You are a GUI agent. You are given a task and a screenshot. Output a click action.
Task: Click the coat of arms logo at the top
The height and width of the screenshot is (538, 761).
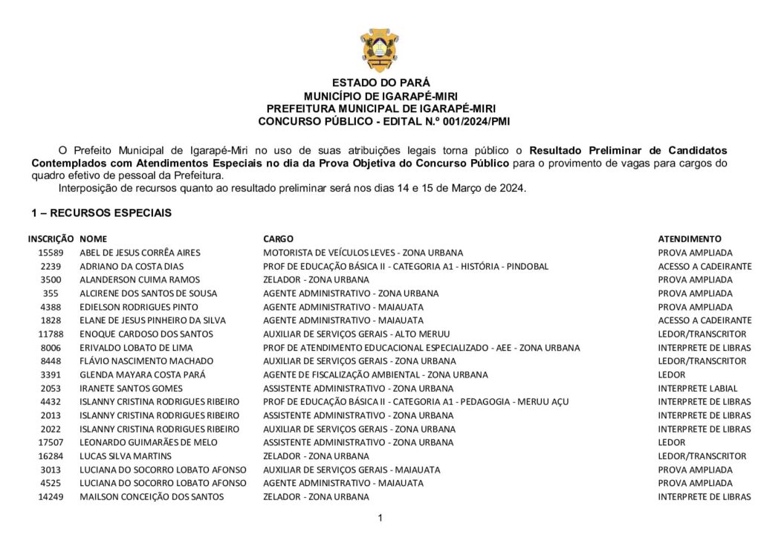tap(380, 49)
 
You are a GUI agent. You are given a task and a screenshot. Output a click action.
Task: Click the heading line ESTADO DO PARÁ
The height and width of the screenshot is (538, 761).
tap(380, 83)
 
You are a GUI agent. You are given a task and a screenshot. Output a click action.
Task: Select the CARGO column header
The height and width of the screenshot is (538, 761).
tap(279, 239)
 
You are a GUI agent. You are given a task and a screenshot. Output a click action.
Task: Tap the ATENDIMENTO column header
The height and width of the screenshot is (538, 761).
tap(690, 239)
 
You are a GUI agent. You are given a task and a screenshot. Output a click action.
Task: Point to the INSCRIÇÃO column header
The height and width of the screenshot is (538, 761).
tap(51, 239)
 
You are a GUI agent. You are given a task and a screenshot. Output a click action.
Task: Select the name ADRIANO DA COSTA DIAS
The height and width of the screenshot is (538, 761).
tap(131, 266)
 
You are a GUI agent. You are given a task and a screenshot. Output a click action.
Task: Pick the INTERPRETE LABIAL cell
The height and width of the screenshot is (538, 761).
tap(698, 389)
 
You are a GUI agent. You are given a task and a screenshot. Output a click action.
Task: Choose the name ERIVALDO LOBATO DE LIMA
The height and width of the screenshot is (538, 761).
tap(136, 348)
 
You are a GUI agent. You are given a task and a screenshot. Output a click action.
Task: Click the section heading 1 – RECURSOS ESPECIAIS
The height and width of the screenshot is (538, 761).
tap(102, 213)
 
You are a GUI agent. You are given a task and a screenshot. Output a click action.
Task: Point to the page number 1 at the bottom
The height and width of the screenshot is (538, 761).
tap(380, 518)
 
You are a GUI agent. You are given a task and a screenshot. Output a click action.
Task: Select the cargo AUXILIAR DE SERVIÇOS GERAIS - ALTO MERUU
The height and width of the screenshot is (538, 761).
tap(357, 334)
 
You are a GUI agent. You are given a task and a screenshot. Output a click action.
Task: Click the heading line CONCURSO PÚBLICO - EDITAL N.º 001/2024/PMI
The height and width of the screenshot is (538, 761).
tap(380, 120)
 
